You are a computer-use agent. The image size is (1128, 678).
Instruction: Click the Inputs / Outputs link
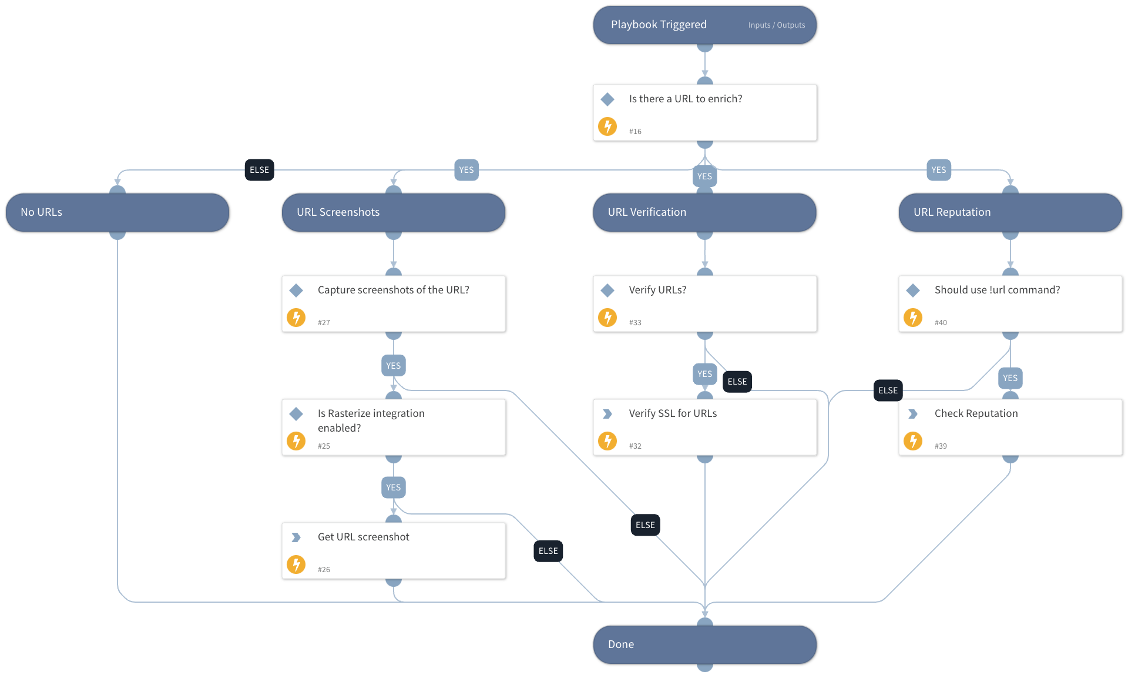[776, 25]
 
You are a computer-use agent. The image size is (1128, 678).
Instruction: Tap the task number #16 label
[635, 132]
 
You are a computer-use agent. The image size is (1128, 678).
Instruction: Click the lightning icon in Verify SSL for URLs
[607, 440]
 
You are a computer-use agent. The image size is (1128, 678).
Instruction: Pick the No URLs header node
[117, 212]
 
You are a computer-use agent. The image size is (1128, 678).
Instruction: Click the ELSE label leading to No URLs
[259, 170]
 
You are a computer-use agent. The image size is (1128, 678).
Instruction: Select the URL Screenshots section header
[394, 212]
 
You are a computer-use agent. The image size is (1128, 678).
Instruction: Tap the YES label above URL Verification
[704, 176]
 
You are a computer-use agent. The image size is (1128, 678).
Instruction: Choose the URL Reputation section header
[1010, 212]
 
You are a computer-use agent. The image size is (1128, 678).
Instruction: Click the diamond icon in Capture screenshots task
[296, 290]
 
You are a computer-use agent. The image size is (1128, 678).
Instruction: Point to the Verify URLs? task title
[657, 290]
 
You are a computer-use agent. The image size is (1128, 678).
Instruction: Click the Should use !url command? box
[1010, 304]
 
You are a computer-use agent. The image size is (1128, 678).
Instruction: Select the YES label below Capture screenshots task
[394, 366]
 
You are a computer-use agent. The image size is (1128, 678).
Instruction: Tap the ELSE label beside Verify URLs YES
[737, 382]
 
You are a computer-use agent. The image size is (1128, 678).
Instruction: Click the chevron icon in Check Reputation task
[912, 414]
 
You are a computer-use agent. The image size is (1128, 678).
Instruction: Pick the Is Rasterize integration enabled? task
[394, 427]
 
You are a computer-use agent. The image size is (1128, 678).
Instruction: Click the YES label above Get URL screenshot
[394, 487]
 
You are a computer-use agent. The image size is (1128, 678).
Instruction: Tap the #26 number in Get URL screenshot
[324, 570]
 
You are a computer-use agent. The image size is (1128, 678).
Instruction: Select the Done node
[704, 644]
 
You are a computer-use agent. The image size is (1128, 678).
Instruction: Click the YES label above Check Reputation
[1010, 378]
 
